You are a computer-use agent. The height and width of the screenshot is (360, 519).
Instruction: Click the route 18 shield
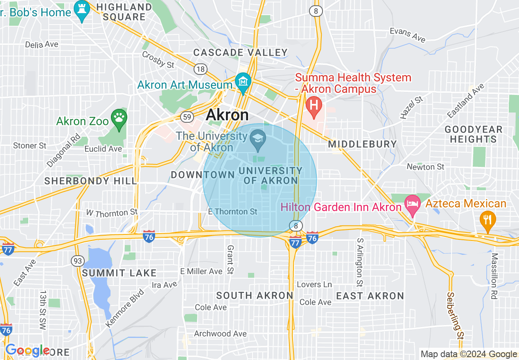point(201,69)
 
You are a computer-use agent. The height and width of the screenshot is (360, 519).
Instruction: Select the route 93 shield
point(77,260)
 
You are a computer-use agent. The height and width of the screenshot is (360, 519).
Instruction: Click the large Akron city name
point(227,115)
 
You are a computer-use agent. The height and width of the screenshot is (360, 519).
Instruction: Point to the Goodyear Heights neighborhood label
point(473,135)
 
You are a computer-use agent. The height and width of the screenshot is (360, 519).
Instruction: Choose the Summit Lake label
point(119,273)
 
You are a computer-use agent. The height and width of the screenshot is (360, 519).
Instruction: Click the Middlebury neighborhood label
point(362,144)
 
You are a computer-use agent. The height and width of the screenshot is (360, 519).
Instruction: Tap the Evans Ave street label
point(408,35)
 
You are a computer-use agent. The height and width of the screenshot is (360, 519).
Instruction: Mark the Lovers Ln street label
point(314,284)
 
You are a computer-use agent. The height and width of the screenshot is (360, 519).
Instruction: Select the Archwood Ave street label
point(220,333)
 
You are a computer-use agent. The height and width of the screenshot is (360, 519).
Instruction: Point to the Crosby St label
point(158,59)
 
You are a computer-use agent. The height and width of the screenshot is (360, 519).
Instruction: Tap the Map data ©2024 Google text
point(469,354)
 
